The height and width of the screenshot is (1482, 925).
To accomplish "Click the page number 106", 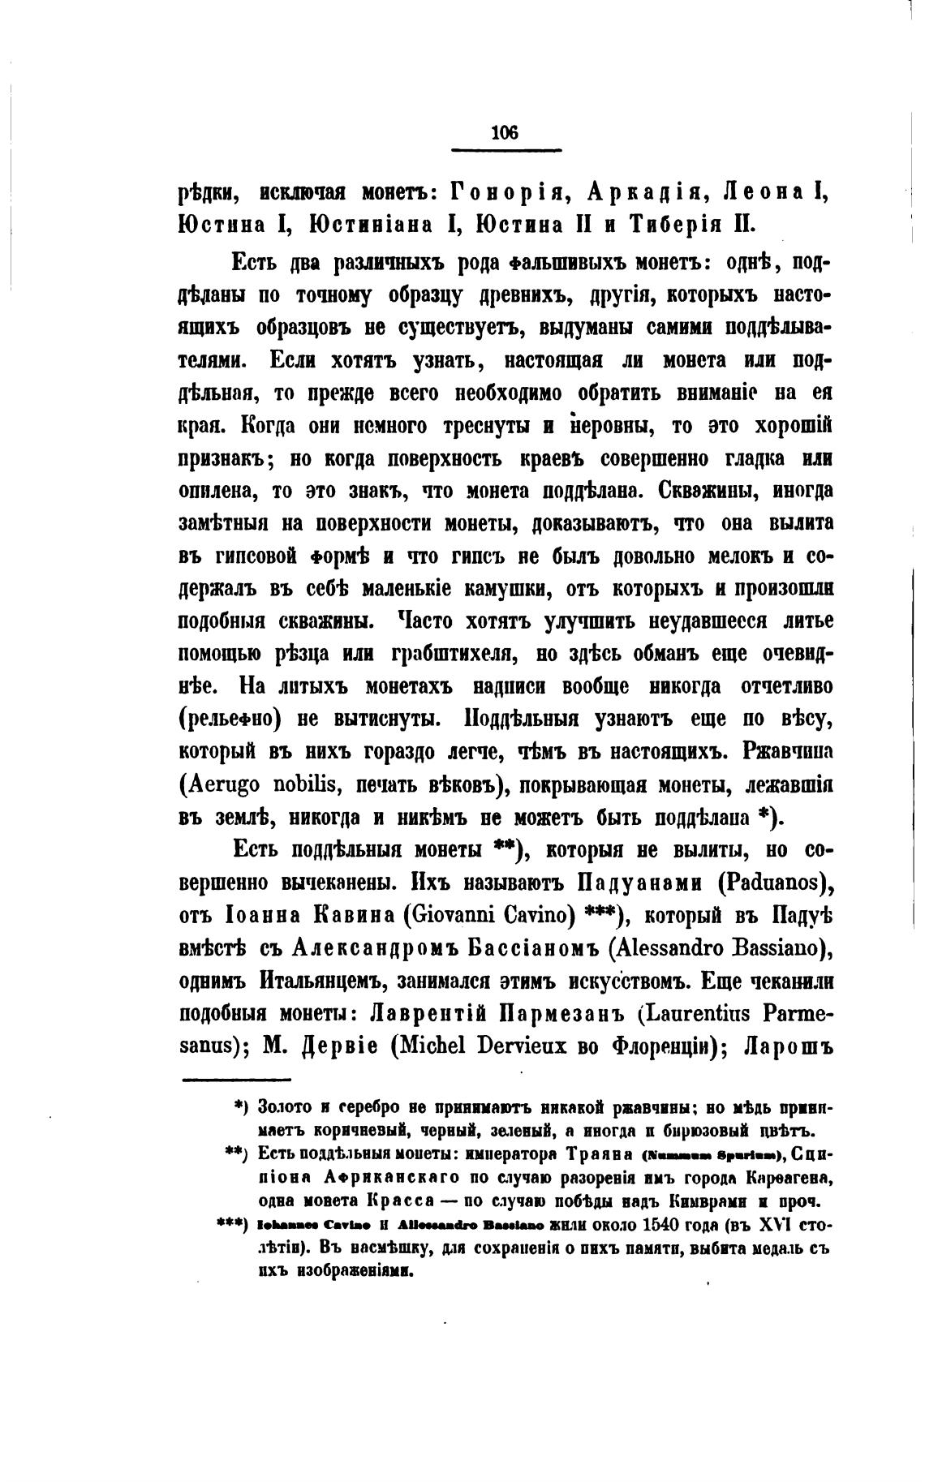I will tap(505, 134).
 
